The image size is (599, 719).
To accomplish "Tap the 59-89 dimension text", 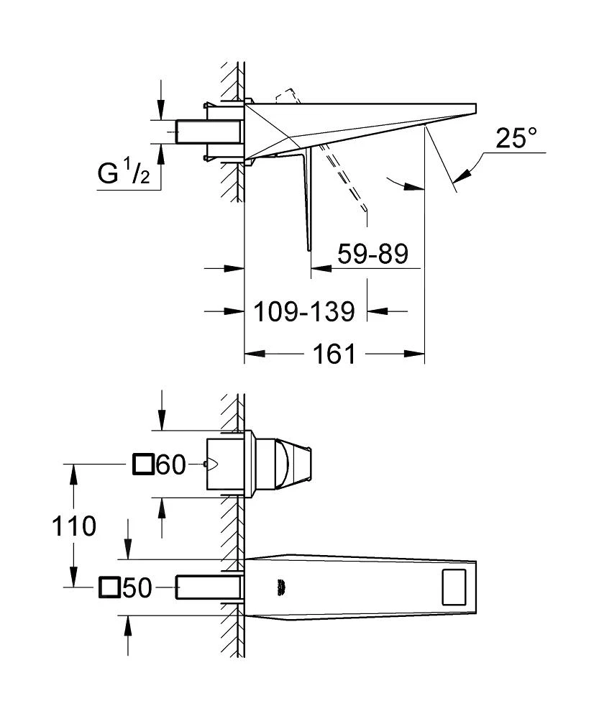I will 371,254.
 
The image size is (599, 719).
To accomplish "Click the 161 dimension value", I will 334,354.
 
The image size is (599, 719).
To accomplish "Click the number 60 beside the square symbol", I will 171,466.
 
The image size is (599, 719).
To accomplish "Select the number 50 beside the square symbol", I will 136,589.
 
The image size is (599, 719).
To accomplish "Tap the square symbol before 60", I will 144,466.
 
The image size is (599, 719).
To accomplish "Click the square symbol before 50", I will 109,589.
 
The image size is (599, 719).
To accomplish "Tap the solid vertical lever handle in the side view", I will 310,201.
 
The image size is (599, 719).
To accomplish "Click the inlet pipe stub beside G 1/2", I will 208,132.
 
